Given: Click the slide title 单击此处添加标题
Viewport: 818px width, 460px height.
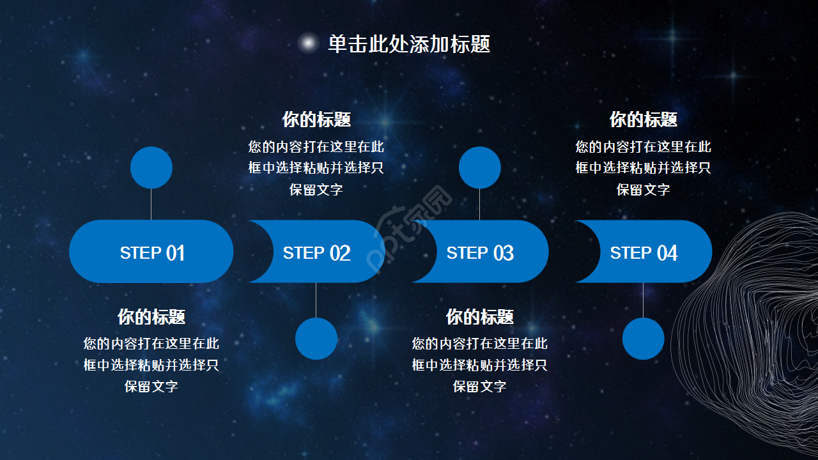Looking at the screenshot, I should [x=409, y=44].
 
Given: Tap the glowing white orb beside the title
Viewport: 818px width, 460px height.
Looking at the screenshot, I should [x=309, y=43].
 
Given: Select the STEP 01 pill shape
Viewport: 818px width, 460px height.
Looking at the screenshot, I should [x=151, y=252].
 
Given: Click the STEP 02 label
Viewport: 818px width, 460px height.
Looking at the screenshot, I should [x=317, y=253].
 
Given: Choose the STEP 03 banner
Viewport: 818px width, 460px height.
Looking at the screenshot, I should [x=480, y=252].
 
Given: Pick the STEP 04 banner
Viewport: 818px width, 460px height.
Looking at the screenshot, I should [x=644, y=252].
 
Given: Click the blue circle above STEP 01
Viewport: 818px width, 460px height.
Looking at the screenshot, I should [x=151, y=167].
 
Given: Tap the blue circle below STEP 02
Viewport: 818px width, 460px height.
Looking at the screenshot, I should [x=316, y=339].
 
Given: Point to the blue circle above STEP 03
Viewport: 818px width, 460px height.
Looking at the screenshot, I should [x=480, y=167].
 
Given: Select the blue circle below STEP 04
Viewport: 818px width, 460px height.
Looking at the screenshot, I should [x=644, y=339].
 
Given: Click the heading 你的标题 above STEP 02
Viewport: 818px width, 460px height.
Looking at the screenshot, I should [x=317, y=119].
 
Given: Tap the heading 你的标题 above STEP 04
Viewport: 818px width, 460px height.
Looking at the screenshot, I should [x=644, y=119].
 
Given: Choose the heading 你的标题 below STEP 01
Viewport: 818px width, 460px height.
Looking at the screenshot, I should [x=151, y=317].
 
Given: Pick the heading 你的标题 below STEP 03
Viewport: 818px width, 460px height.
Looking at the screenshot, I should [x=480, y=317].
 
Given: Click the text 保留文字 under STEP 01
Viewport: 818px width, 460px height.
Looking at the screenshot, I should [x=151, y=387].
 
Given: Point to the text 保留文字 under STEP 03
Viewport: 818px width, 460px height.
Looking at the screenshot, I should [x=480, y=387].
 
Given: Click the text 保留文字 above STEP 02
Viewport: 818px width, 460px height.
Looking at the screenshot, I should [x=317, y=190].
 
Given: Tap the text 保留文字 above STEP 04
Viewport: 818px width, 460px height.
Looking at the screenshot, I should [x=644, y=190].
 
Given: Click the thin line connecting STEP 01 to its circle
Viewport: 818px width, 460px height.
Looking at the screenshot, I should [x=151, y=204].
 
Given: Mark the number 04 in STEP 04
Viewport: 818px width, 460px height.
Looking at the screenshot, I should [x=667, y=253].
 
